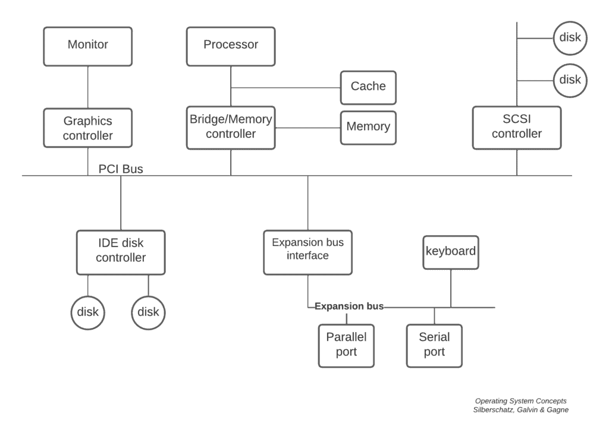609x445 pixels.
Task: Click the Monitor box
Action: click(x=88, y=46)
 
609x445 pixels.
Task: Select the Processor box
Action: click(x=231, y=46)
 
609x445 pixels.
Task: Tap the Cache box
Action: click(x=368, y=87)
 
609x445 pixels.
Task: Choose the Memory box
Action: click(x=368, y=127)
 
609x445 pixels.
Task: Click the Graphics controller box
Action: click(x=88, y=128)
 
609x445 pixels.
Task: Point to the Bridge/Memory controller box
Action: click(x=231, y=127)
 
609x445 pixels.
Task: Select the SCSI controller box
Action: click(x=516, y=127)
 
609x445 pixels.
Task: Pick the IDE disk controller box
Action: click(x=121, y=252)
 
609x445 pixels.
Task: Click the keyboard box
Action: click(x=450, y=252)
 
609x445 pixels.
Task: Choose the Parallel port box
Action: click(x=346, y=345)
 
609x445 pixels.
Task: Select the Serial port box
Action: click(x=434, y=345)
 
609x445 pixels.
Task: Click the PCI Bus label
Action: click(x=121, y=169)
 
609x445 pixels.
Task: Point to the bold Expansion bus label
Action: click(x=349, y=307)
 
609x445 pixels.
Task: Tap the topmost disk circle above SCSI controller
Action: click(x=570, y=38)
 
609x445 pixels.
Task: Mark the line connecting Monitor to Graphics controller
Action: click(x=88, y=87)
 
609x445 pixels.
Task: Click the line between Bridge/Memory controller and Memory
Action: click(x=307, y=127)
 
